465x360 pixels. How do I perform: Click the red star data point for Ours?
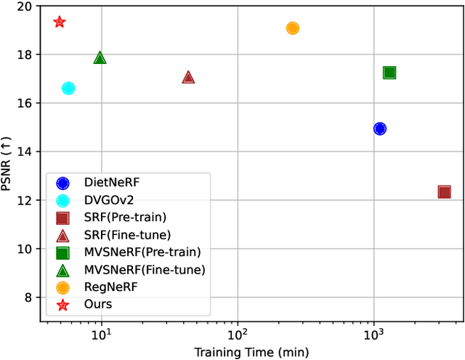60,23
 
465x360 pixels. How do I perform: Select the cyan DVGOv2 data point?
68,88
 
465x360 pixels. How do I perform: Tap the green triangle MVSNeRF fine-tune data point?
100,58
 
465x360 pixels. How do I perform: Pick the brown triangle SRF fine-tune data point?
188,77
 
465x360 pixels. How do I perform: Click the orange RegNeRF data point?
293,28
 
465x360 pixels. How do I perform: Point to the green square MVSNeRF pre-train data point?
389,72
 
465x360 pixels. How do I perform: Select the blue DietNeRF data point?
379,129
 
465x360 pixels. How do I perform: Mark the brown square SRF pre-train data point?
444,192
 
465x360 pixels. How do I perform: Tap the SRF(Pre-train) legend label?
126,218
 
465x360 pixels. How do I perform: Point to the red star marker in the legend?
62,305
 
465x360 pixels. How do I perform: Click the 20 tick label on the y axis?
25,7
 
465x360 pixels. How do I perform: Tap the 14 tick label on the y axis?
25,152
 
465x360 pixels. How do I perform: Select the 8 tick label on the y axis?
28,297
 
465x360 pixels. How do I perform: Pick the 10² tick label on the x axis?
237,333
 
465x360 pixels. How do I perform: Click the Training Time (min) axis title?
251,352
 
